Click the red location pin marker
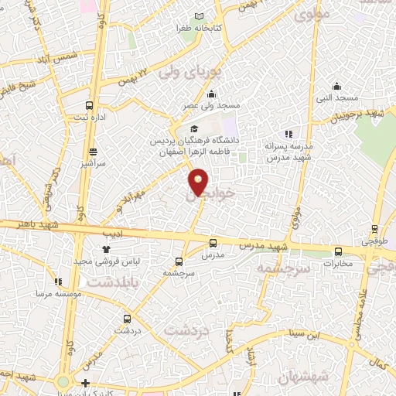pyautogui.click(x=199, y=182)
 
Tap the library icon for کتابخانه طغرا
pyautogui.click(x=200, y=16)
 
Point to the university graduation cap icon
pyautogui.click(x=194, y=128)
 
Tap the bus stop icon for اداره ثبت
pyautogui.click(x=90, y=105)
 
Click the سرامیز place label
pyautogui.click(x=93, y=165)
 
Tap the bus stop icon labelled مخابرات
pyautogui.click(x=338, y=251)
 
